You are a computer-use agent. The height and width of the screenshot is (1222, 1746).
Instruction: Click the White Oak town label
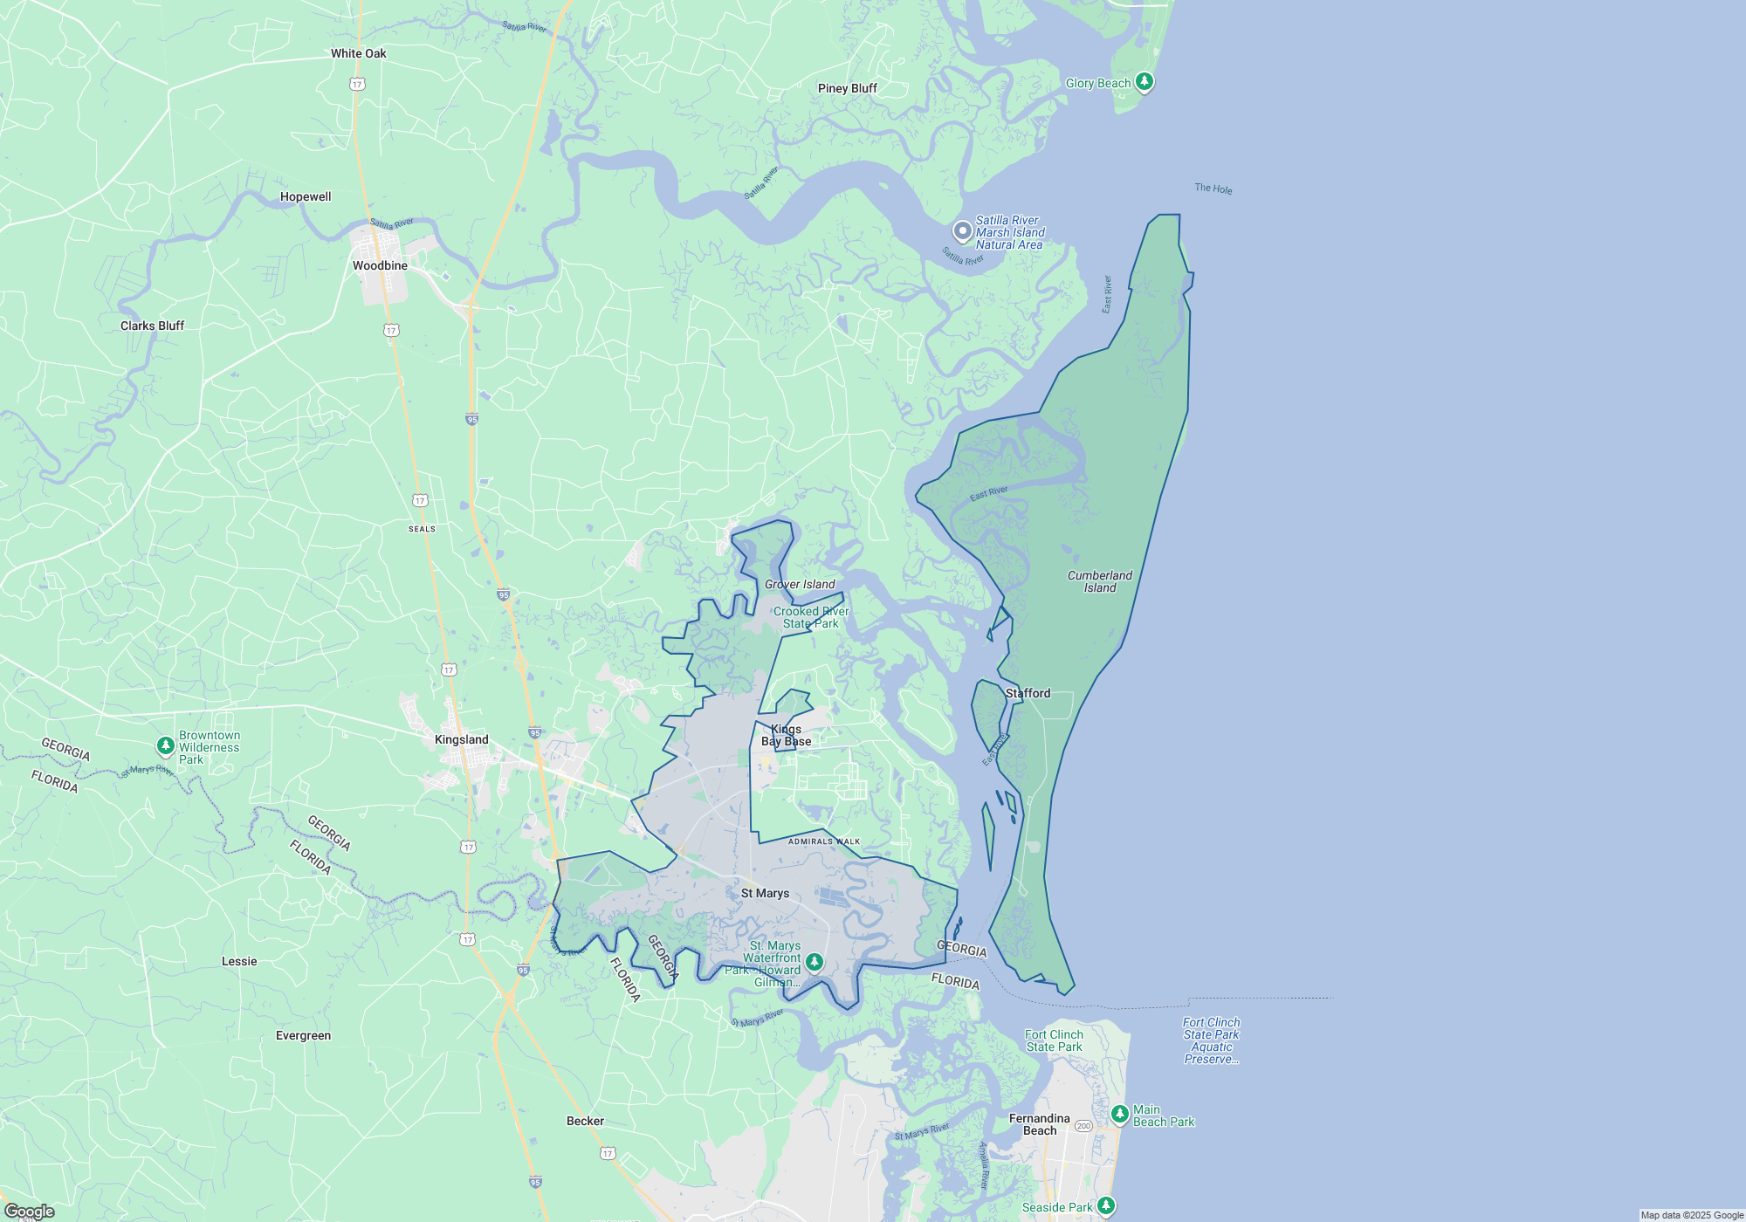[x=358, y=53]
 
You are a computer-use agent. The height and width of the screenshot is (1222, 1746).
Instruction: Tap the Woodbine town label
[x=380, y=265]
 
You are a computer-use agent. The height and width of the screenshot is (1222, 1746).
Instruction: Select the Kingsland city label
[x=461, y=739]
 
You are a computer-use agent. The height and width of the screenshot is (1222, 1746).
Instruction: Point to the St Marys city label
[x=765, y=893]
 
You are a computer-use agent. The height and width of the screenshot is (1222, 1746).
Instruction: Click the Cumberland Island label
[x=1099, y=581]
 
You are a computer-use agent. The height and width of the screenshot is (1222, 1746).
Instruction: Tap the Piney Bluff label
[x=847, y=88]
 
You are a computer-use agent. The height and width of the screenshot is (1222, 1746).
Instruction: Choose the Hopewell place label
[x=306, y=196]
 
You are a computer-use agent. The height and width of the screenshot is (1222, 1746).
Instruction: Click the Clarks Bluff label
[x=152, y=326]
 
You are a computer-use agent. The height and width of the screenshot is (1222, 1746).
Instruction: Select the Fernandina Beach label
[x=1039, y=1124]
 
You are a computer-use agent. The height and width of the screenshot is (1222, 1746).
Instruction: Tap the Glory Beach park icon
[x=1144, y=82]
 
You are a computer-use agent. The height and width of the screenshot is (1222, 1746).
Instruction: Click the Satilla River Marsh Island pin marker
[x=962, y=231]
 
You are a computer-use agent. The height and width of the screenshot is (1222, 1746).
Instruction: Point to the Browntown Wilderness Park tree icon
[x=165, y=745]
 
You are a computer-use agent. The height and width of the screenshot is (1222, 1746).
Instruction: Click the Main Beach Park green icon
[x=1120, y=1114]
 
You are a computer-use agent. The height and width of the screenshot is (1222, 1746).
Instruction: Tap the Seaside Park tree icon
[x=1106, y=1205]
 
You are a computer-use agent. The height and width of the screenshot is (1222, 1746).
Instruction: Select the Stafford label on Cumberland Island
[x=1028, y=693]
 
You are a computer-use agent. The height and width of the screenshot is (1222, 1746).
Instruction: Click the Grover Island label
[x=800, y=584]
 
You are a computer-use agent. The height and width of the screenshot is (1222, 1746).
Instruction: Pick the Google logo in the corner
[x=29, y=1212]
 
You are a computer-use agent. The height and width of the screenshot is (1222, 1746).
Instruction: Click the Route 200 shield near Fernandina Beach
[x=1083, y=1126]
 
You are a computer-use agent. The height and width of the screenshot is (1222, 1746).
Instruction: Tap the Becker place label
[x=585, y=1121]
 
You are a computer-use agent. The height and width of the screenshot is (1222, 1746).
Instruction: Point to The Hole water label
[x=1213, y=189]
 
